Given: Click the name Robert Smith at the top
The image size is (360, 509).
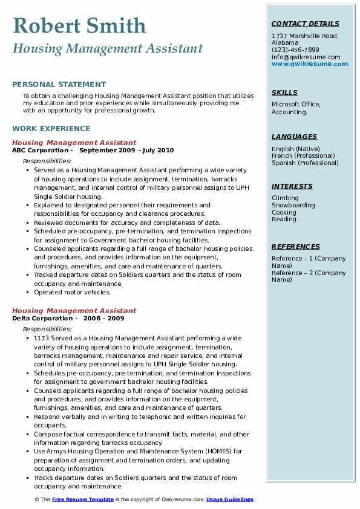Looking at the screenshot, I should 79,25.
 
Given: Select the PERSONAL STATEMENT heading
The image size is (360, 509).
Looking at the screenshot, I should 59,85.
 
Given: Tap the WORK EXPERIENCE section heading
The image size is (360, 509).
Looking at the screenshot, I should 51,129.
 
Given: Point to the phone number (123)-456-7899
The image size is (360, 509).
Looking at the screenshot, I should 295,50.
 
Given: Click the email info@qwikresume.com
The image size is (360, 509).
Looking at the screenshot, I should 306,57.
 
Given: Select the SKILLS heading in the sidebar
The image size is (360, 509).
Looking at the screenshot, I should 284,93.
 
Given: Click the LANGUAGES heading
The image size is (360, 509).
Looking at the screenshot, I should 294,137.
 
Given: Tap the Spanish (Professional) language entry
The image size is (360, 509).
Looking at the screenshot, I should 305,163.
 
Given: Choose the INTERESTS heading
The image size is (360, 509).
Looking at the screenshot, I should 292,187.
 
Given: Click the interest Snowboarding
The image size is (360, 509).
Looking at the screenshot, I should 293,206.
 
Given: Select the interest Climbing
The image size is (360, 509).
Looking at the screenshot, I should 285,198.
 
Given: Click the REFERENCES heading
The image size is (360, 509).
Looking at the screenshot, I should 296,247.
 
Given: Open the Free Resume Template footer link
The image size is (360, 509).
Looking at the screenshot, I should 83,500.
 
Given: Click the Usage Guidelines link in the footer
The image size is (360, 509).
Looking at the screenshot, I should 230,500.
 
